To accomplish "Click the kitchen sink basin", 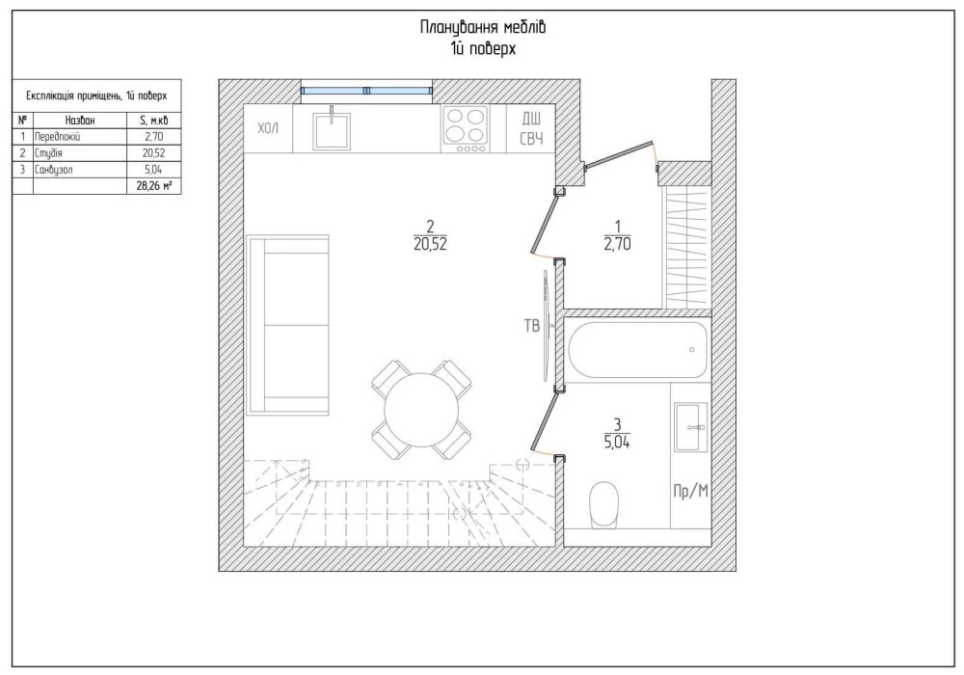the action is click(332, 130).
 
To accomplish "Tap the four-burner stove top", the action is click(466, 129).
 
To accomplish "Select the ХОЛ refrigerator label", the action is click(268, 128).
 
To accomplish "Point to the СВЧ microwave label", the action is click(532, 138).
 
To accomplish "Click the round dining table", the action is click(421, 410).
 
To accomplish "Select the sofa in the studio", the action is click(287, 325).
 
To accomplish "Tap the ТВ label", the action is click(532, 325).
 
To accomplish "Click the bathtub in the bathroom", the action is click(637, 350).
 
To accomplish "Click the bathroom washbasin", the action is click(691, 426).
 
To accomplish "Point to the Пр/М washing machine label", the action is click(691, 491).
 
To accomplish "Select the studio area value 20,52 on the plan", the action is click(430, 244).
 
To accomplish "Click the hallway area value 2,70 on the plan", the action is click(617, 244).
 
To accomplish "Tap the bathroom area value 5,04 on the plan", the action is click(617, 442).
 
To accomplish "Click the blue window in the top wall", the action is click(366, 91).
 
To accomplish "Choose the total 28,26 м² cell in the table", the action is click(153, 186).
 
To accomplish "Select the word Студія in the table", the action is click(48, 153).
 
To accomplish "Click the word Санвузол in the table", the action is click(53, 170).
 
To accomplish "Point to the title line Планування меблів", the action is click(483, 28).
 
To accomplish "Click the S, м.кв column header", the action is click(153, 120).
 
